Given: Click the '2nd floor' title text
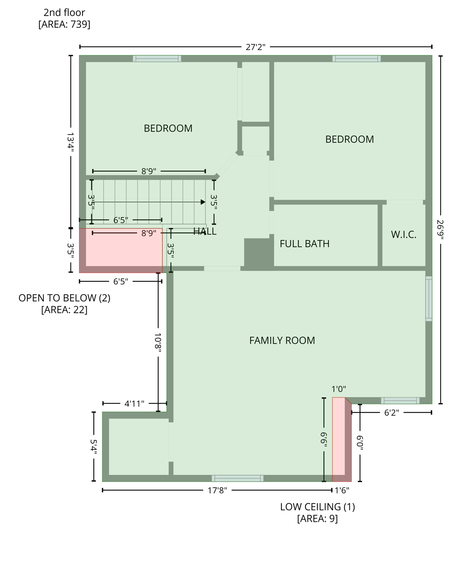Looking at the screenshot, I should pyautogui.click(x=64, y=12).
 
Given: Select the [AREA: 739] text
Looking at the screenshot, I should pyautogui.click(x=64, y=24).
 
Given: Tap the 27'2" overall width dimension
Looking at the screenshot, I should pyautogui.click(x=256, y=47).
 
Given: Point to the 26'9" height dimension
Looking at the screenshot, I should pyautogui.click(x=440, y=230).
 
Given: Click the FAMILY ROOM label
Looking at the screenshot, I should pyautogui.click(x=282, y=340).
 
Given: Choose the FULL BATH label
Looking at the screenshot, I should pyautogui.click(x=305, y=244).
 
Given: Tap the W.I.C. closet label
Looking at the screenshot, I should pyautogui.click(x=404, y=235).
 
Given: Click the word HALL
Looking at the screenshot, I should pyautogui.click(x=205, y=231).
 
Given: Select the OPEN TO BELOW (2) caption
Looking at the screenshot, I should pyautogui.click(x=64, y=298).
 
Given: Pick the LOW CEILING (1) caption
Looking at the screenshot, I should pyautogui.click(x=317, y=507).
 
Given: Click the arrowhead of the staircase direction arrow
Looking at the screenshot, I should pyautogui.click(x=203, y=202).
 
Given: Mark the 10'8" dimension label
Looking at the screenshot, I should pyautogui.click(x=158, y=342).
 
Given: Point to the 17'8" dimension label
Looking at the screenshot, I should pyautogui.click(x=217, y=490).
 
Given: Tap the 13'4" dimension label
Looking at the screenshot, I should pyautogui.click(x=71, y=142).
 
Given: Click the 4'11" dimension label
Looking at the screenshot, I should pyautogui.click(x=134, y=404).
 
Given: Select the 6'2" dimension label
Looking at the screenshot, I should pyautogui.click(x=391, y=413).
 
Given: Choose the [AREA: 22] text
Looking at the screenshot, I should pyautogui.click(x=64, y=310).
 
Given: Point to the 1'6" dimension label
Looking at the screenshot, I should pyautogui.click(x=342, y=490).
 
